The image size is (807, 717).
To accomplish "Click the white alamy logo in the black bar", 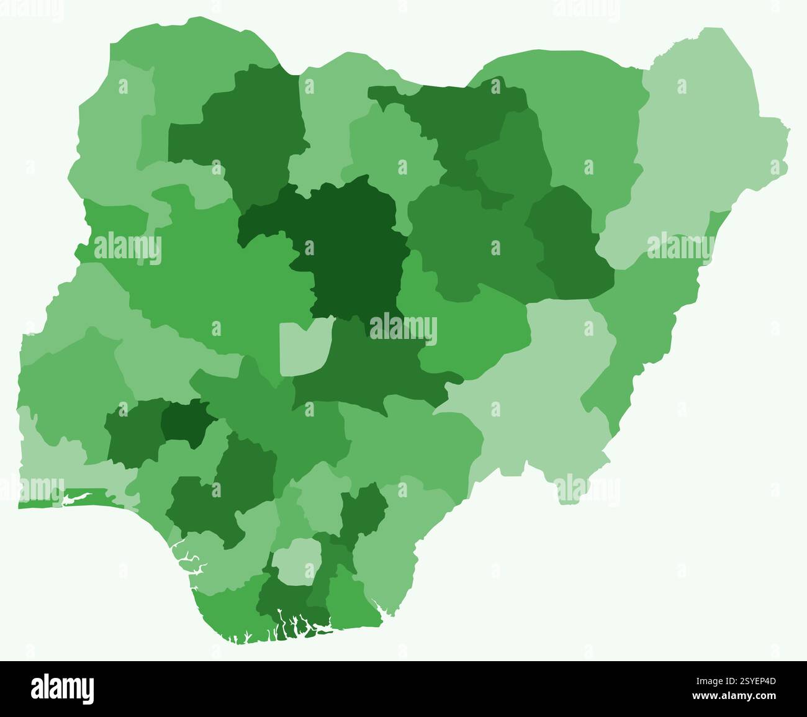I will (x=62, y=689).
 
